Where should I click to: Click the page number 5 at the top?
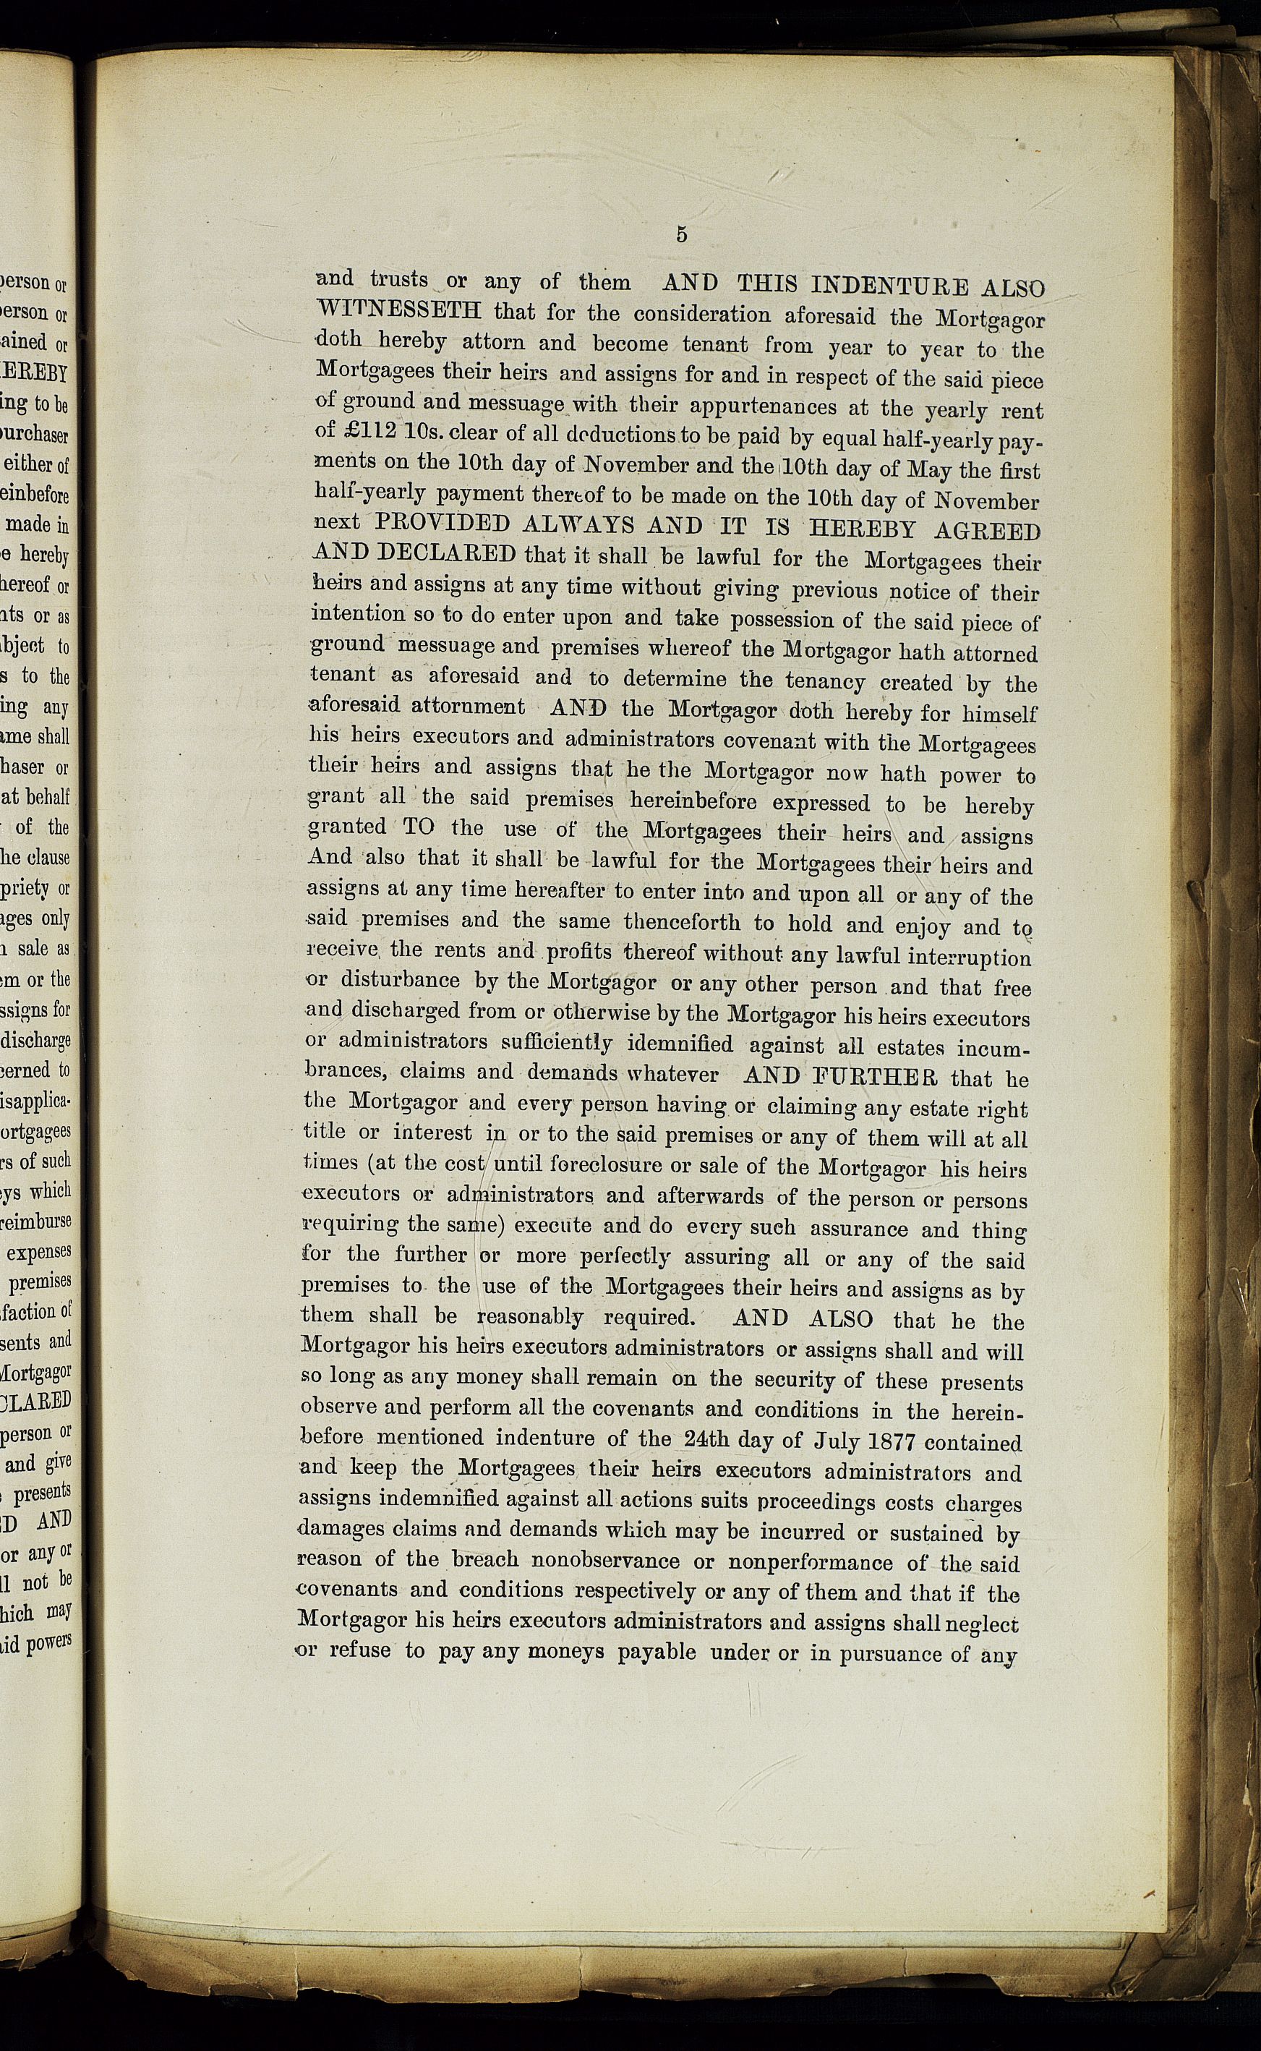click(681, 235)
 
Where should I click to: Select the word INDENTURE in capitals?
click(890, 286)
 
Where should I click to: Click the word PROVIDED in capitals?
click(442, 523)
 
